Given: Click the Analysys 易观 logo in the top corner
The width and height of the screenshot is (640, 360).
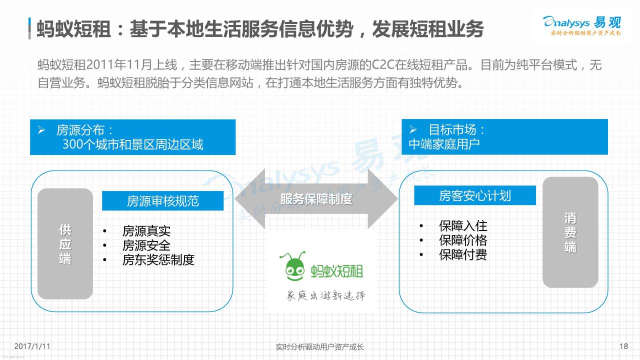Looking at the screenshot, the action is (582, 25).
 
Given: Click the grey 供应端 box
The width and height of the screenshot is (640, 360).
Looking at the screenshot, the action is (65, 243).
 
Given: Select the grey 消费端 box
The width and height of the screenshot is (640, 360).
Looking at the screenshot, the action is (570, 232).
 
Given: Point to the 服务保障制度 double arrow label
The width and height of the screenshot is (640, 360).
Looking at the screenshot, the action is (316, 199).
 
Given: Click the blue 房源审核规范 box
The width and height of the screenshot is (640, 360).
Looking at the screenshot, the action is (163, 201).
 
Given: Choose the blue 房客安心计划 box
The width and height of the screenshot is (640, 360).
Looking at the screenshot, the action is (475, 195).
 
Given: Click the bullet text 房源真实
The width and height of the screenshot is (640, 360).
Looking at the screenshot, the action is (146, 231).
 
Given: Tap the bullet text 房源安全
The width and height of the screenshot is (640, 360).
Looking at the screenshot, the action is (146, 245).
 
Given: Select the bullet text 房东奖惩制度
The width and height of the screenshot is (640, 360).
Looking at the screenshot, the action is (158, 260).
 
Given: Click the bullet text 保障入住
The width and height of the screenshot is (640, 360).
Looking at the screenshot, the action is (463, 226).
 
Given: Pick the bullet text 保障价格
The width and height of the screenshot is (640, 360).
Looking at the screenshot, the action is (463, 240).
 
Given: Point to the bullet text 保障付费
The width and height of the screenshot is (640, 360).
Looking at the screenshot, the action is (463, 255).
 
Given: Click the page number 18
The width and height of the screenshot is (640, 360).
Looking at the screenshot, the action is (623, 346).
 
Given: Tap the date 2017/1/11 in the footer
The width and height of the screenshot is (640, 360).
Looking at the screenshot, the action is (32, 346).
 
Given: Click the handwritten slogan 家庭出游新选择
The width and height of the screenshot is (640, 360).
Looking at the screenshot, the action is (326, 295).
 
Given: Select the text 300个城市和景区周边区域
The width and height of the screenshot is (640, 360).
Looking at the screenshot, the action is (133, 144).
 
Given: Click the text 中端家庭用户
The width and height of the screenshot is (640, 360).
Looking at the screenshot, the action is (444, 144).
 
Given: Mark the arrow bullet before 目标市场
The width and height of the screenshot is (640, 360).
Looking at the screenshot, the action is (413, 129).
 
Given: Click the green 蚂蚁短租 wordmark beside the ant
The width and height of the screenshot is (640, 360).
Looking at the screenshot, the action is (337, 271).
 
